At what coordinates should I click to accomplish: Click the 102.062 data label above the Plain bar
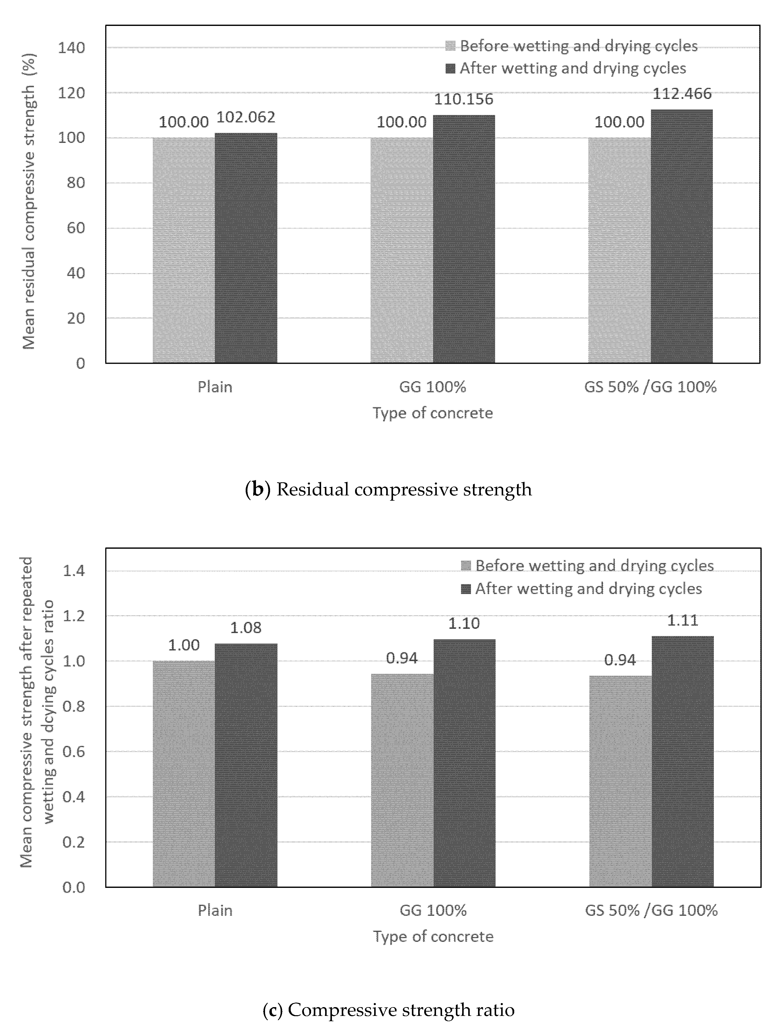tap(246, 117)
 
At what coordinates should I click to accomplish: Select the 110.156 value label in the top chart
tap(464, 99)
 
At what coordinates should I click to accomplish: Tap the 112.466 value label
tap(682, 93)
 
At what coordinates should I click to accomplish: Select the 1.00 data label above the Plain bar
tap(184, 645)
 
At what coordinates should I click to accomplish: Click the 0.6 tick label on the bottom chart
tap(74, 752)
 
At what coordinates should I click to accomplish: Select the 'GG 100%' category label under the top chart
tap(433, 387)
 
